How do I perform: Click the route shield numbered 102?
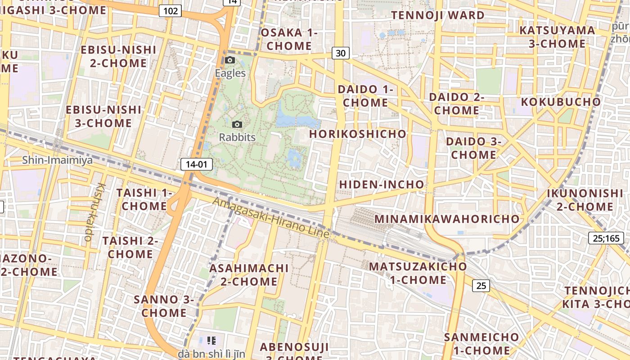click(171, 11)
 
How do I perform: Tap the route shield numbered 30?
click(341, 53)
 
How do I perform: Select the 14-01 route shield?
click(196, 164)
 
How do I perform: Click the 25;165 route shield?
click(606, 238)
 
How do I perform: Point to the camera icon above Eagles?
click(230, 60)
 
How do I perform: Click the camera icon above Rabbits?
click(237, 124)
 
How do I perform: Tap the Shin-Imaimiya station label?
click(57, 160)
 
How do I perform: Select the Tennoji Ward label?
click(437, 15)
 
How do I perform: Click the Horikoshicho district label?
click(358, 134)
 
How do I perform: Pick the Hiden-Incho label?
click(382, 184)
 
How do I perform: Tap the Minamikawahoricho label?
click(447, 219)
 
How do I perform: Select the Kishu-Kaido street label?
click(94, 211)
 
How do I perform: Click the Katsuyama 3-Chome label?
click(557, 37)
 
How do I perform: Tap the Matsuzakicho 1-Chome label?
click(418, 273)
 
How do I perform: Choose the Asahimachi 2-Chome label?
click(249, 274)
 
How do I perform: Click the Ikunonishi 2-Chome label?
click(585, 200)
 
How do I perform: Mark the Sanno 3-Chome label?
click(164, 306)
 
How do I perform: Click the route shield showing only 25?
click(481, 285)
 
